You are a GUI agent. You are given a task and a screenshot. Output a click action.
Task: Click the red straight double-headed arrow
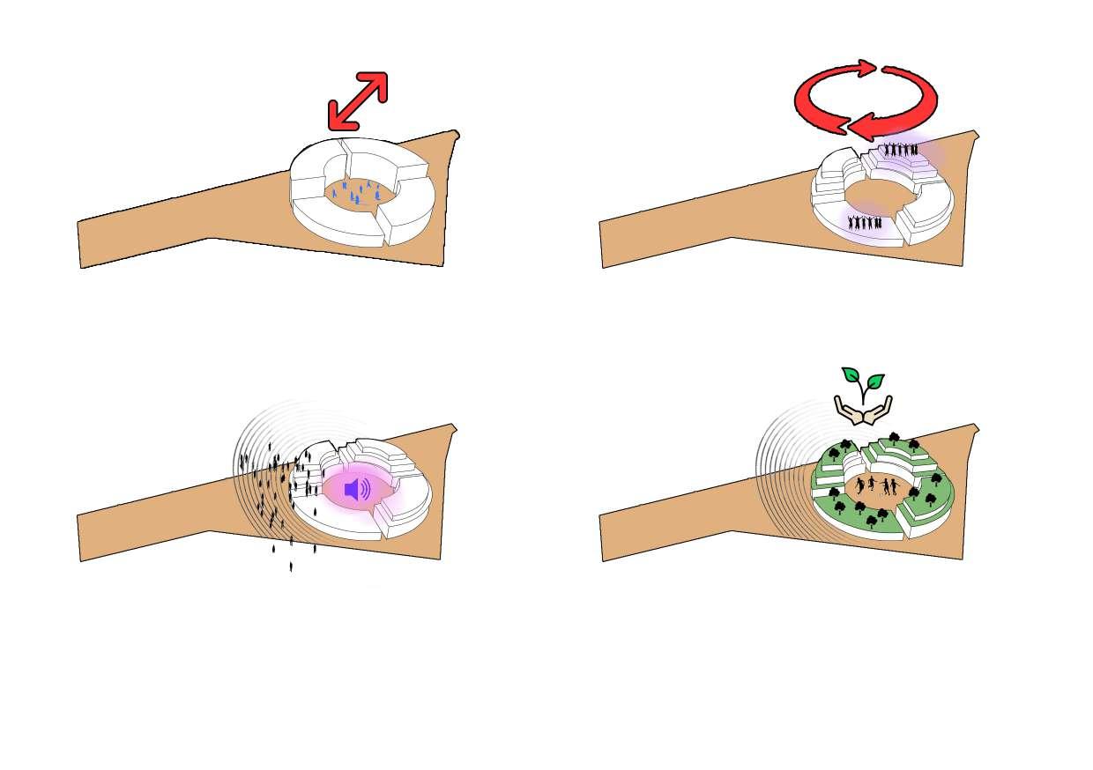tap(357, 101)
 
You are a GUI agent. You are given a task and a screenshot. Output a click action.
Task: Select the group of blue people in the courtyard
tap(357, 192)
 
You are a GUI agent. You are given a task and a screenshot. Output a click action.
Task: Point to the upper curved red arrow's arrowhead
tap(867, 68)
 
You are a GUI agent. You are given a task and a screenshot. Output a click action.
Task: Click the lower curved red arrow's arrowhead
tap(859, 127)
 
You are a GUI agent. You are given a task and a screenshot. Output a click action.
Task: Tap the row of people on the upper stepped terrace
tap(901, 150)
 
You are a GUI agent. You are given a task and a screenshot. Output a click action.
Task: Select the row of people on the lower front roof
tap(865, 222)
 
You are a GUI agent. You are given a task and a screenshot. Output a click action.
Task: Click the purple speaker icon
tap(352, 490)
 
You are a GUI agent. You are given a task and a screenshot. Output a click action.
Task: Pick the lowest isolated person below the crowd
tap(291, 566)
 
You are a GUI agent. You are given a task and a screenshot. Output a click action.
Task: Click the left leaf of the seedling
tap(851, 374)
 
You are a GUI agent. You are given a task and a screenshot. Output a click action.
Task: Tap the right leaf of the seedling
tap(874, 381)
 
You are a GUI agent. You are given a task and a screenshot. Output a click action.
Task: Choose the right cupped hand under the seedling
tap(879, 408)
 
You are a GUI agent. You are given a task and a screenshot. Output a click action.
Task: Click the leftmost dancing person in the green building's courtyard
tap(859, 485)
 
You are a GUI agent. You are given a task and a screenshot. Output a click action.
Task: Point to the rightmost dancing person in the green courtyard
tap(892, 487)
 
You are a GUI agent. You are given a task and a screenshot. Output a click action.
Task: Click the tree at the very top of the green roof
tap(894, 437)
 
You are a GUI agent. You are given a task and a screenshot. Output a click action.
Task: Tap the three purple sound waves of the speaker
tap(365, 490)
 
